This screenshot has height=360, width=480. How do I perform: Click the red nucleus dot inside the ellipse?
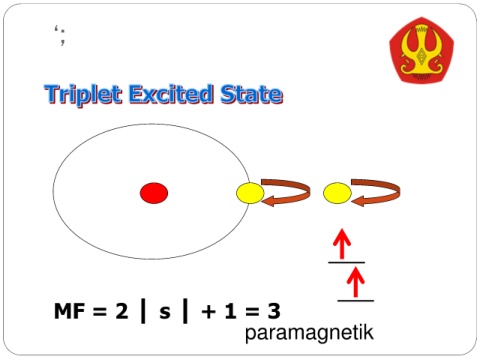(x=154, y=193)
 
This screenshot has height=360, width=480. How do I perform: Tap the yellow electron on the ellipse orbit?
(x=250, y=193)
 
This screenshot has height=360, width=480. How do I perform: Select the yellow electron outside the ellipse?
(x=337, y=193)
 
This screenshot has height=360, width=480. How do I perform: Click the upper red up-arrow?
(x=342, y=244)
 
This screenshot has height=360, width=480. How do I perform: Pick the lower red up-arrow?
(x=356, y=282)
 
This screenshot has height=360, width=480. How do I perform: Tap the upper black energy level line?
(x=346, y=263)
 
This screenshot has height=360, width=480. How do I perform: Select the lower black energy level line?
(x=356, y=301)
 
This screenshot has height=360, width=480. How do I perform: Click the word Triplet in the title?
(x=83, y=94)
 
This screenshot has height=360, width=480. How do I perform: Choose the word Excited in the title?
(x=171, y=94)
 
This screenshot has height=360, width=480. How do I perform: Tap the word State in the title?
(x=251, y=94)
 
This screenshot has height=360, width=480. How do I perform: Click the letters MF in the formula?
(x=70, y=311)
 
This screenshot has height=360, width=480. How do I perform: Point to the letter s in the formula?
(x=165, y=312)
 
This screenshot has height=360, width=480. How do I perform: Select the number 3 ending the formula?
(x=274, y=311)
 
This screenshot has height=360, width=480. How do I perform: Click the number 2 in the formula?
(x=122, y=311)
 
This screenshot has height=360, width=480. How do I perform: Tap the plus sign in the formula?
(x=208, y=312)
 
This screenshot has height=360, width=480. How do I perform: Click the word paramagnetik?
(x=309, y=332)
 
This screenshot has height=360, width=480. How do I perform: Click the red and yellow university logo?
(x=422, y=50)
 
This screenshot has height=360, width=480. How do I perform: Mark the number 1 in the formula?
(x=231, y=311)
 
